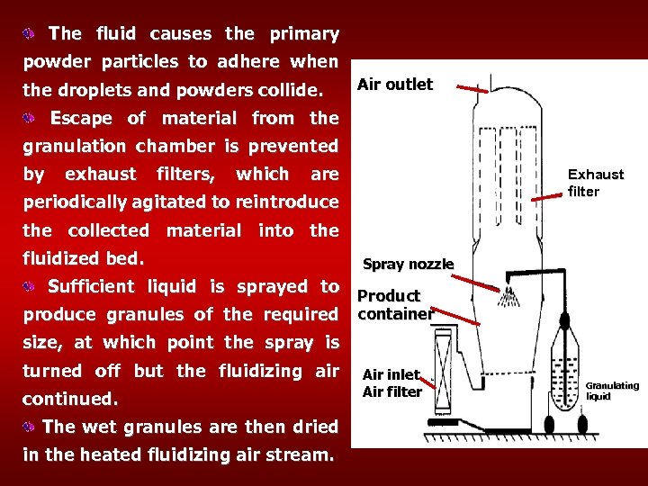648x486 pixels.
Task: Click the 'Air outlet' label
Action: pos(395,85)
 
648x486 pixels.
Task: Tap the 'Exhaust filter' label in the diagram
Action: pos(595,183)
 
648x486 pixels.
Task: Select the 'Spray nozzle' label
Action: pos(408,264)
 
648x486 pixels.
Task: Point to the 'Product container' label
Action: pos(394,305)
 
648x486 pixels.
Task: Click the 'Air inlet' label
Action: pos(391,374)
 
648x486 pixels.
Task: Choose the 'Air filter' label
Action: pos(392,391)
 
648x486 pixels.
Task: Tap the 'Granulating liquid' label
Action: pos(612,391)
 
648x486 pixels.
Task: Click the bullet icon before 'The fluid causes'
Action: pos(31,34)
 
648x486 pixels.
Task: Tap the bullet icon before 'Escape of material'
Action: pos(31,118)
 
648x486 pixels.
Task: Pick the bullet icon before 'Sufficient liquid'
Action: pos(31,286)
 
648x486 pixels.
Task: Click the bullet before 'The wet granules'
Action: pos(31,427)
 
